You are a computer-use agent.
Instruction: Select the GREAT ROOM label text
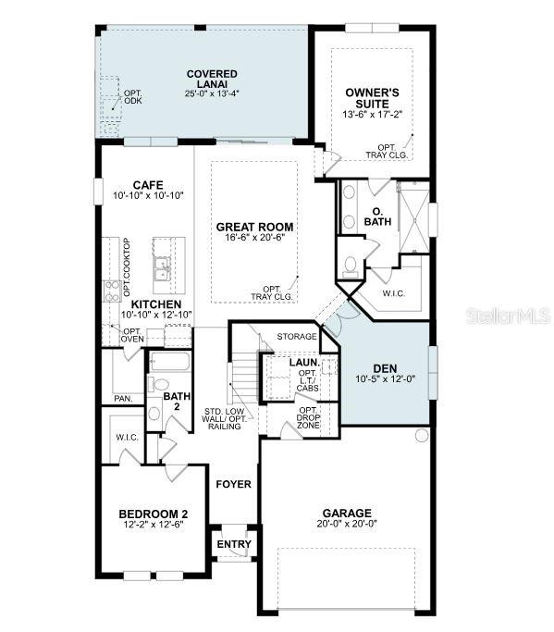point(254,227)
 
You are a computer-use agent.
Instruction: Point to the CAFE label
point(148,184)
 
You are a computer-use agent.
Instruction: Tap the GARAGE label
point(347,513)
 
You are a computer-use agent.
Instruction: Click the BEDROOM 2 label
point(154,514)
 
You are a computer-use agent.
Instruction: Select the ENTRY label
point(234,544)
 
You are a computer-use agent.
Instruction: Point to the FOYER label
point(233,484)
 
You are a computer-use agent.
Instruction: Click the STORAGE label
point(297,337)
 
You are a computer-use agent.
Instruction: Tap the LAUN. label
point(303,362)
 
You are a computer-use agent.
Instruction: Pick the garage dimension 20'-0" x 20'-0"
point(347,525)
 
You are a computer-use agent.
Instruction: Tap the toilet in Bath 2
point(158,384)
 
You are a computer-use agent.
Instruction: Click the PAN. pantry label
point(123,398)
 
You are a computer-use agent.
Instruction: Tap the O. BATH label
point(377,217)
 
